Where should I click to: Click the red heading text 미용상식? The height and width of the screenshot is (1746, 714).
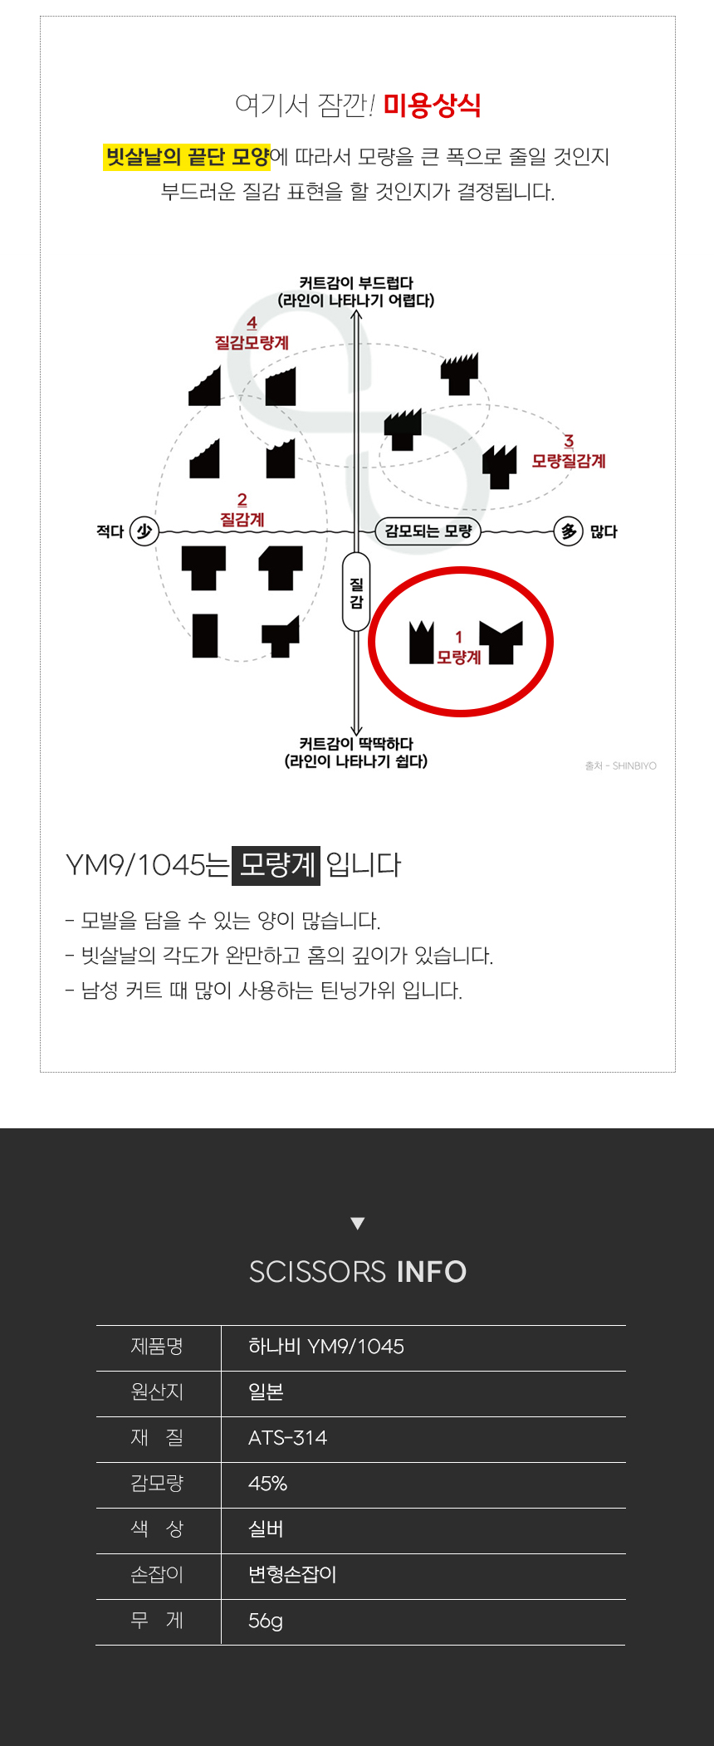coord(432,105)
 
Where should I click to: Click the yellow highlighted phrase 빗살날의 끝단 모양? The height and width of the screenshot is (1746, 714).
coord(187,156)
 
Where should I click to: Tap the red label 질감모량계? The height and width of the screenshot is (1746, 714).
coord(252,342)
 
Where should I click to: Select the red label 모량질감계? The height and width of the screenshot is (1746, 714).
coord(569,461)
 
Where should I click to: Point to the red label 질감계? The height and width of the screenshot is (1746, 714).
coord(242,520)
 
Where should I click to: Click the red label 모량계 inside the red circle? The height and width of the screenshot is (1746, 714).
coord(459,657)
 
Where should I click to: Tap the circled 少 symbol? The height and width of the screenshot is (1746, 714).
coord(144,531)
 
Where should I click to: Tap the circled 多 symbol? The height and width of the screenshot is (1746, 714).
coord(569,531)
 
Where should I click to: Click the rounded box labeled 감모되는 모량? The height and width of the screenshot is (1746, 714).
coord(428,531)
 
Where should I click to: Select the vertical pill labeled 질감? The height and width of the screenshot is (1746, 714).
coord(356,592)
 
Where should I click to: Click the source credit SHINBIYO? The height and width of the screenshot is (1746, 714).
coord(634,765)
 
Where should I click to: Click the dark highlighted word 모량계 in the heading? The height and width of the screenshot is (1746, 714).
coord(276,864)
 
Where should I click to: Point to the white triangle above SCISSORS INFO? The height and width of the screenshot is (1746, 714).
coord(358,1223)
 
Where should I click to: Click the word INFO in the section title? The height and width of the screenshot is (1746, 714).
coord(432,1272)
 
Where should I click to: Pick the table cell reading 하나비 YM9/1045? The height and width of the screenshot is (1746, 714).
coord(326,1347)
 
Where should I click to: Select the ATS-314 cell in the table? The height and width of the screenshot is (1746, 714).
coord(287,1438)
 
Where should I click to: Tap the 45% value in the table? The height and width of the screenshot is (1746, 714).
coord(267,1484)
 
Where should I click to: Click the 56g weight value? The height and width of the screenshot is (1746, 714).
coord(266,1621)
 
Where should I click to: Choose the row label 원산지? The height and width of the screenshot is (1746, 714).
coord(157,1392)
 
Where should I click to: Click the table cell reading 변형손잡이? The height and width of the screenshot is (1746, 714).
coord(292,1575)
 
